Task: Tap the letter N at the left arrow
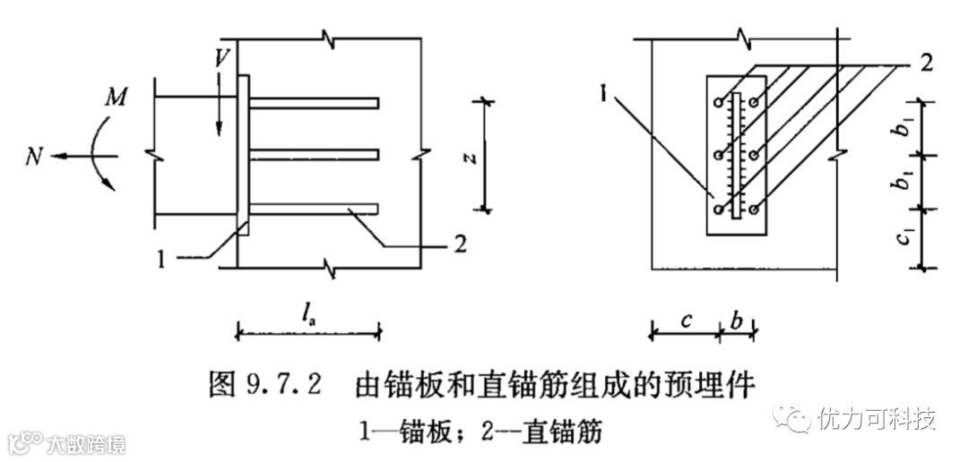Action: tap(33, 157)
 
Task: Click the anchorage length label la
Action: tap(309, 313)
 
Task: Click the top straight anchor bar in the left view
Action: tap(314, 102)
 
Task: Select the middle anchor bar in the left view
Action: tap(314, 156)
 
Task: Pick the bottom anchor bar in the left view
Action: tap(314, 210)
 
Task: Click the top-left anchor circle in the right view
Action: tap(719, 103)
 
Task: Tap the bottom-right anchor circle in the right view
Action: tap(755, 210)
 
